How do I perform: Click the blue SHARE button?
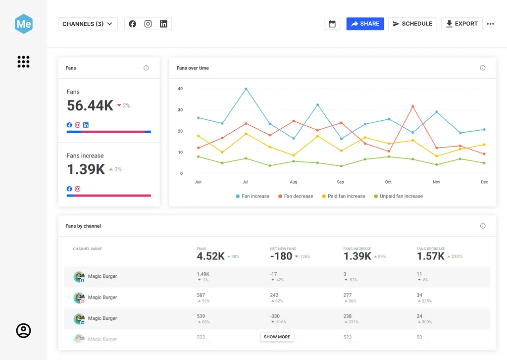pos(365,24)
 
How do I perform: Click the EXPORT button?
pos(461,24)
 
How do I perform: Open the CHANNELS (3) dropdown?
pos(88,24)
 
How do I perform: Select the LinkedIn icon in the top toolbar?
pos(163,24)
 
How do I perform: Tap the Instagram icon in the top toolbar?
pos(148,24)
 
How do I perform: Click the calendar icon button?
pos(332,24)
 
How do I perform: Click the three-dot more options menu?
pos(490,24)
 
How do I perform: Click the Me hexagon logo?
pos(23,24)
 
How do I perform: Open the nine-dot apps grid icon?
pos(23,61)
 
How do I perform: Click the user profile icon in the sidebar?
pos(23,330)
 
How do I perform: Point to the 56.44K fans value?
pos(90,105)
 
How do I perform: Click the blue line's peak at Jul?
pos(246,89)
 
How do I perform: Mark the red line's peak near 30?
pos(412,106)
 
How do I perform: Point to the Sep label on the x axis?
pos(340,182)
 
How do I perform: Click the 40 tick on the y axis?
pos(180,89)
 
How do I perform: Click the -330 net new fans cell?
pos(275,316)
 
